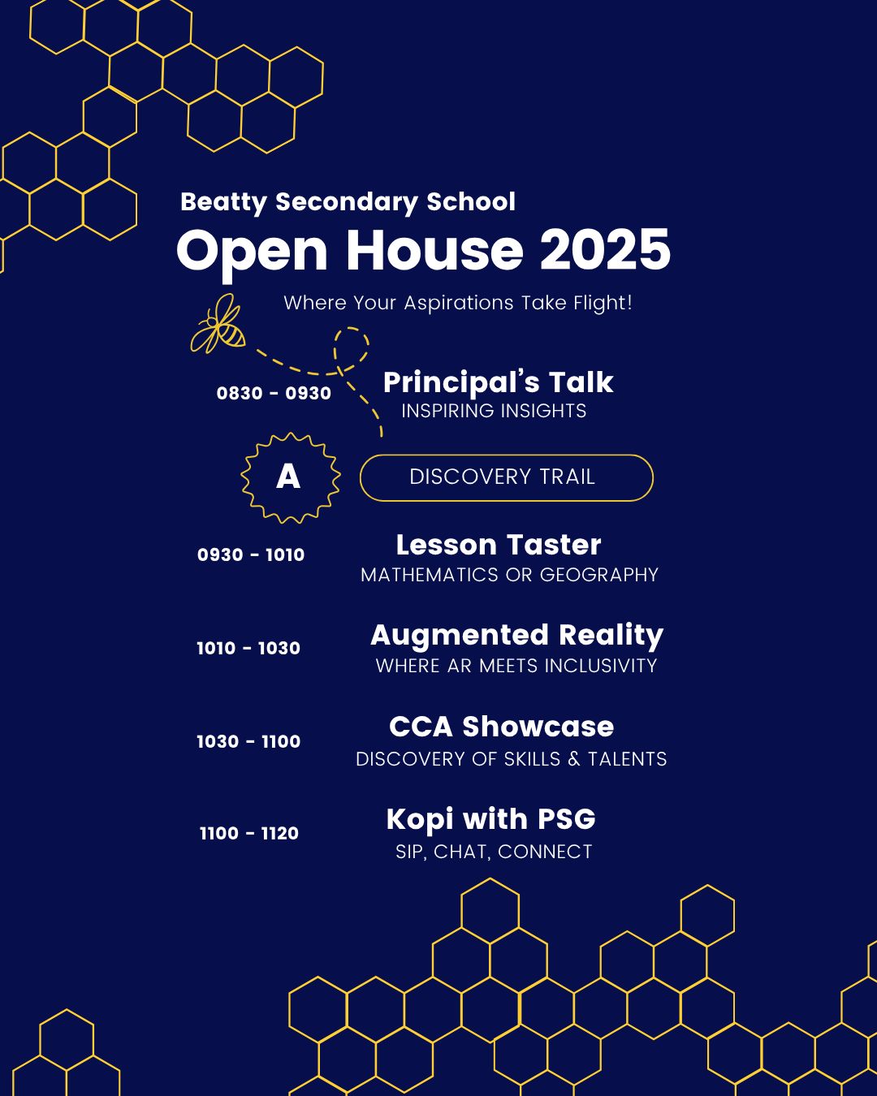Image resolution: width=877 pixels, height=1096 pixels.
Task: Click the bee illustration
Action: click(218, 324)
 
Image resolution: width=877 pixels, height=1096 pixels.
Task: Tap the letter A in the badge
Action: click(288, 477)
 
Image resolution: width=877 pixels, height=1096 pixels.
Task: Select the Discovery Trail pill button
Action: click(506, 477)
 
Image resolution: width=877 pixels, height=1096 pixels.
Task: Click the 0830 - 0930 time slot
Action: click(274, 394)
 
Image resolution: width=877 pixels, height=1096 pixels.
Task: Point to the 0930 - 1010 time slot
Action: click(251, 555)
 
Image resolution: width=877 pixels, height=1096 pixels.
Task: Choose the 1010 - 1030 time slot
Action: click(248, 649)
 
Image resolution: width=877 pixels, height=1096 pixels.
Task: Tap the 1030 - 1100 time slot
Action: click(248, 742)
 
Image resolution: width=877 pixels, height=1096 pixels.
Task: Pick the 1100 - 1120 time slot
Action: click(249, 834)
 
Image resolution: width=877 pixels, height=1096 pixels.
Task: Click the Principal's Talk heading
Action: click(498, 382)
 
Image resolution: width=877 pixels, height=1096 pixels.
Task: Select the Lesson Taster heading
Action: click(499, 545)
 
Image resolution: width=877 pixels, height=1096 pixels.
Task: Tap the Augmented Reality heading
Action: click(516, 636)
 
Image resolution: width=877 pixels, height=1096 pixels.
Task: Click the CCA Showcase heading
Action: click(501, 727)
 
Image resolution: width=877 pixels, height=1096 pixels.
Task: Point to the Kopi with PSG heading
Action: click(490, 819)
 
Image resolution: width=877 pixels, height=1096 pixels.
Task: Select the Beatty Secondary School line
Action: click(348, 202)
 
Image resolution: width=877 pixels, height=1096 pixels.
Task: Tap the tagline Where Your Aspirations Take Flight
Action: click(457, 303)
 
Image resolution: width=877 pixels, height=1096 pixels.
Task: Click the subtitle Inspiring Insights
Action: click(494, 411)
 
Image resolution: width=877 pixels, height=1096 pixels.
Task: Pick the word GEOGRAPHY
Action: click(599, 575)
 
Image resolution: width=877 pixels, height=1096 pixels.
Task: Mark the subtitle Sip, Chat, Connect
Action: click(494, 852)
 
